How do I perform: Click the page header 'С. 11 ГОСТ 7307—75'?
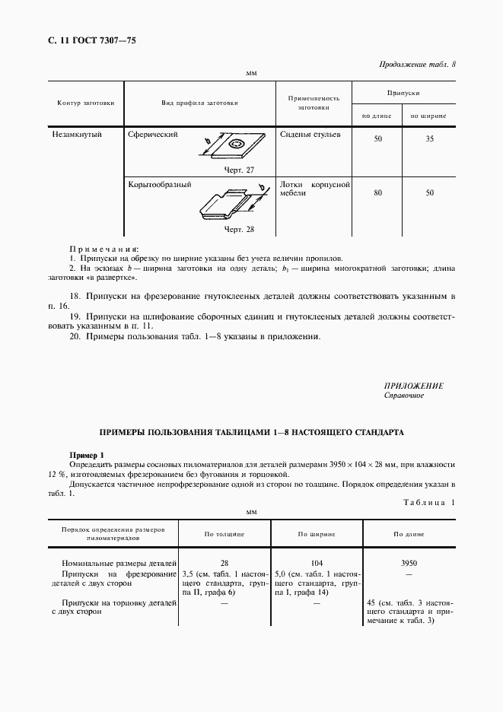86,40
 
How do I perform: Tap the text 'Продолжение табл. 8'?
417,64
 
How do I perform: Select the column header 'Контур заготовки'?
86,103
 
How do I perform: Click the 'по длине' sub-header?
377,116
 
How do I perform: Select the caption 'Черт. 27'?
239,170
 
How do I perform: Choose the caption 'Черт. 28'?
239,228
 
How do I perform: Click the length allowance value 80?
377,193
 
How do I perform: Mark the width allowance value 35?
429,139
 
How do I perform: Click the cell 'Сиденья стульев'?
310,135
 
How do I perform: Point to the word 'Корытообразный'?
160,184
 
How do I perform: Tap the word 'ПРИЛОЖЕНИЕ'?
414,386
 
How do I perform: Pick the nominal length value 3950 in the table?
409,564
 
